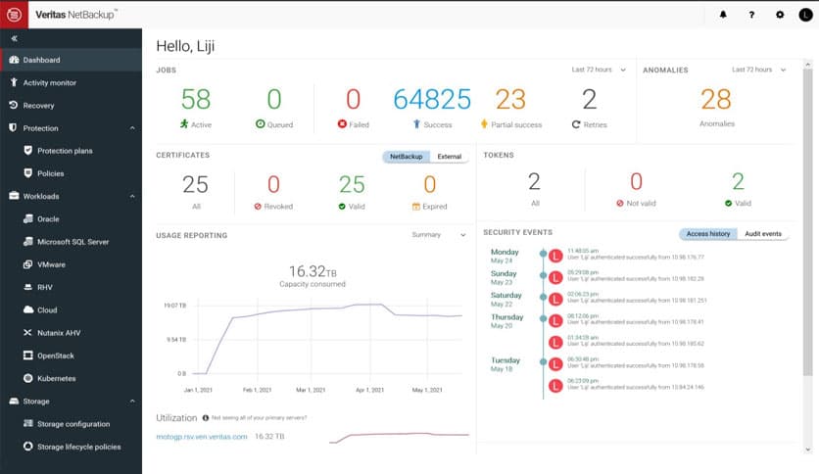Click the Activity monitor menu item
click(49, 83)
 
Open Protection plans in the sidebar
click(65, 151)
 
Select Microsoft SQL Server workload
click(72, 242)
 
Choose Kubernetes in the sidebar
click(56, 378)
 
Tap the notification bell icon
click(723, 15)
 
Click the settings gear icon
click(779, 15)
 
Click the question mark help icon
click(751, 15)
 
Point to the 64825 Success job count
click(432, 99)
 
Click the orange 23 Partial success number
click(510, 99)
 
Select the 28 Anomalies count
click(716, 99)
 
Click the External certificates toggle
click(449, 157)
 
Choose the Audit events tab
click(762, 234)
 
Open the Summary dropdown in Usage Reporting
click(439, 235)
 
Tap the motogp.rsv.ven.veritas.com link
click(202, 436)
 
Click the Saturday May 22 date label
click(506, 299)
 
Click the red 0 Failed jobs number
click(353, 99)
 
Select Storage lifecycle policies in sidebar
click(79, 447)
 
